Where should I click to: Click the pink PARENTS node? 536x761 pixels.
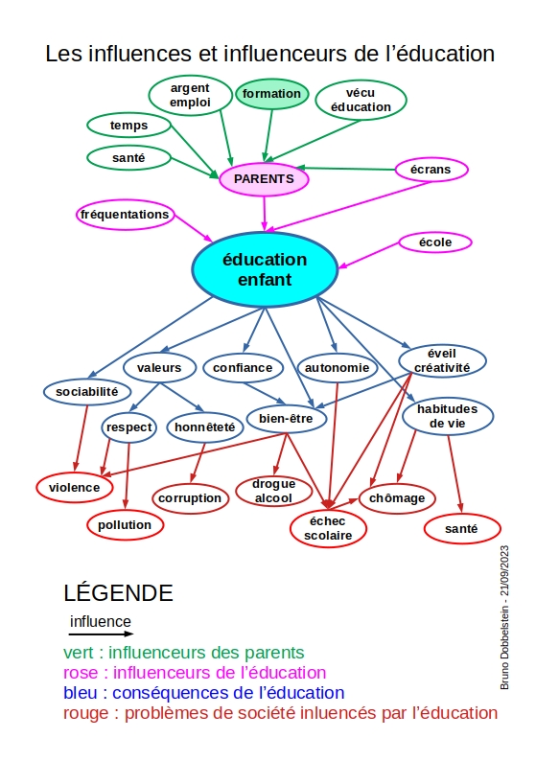click(264, 179)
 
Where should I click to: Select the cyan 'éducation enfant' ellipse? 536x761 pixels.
click(265, 269)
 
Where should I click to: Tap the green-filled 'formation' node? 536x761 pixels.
click(272, 94)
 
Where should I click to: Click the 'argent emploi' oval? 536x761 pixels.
click(190, 95)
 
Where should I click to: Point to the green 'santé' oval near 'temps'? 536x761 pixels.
click(128, 158)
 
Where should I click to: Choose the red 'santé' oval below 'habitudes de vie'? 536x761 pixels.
click(462, 528)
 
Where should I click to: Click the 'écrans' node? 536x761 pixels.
click(431, 170)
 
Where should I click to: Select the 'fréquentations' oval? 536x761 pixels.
click(125, 215)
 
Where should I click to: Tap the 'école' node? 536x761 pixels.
click(435, 242)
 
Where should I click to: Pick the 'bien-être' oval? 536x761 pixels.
click(286, 418)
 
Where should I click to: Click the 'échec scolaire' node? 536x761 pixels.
click(328, 528)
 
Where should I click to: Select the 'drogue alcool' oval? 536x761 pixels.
click(274, 491)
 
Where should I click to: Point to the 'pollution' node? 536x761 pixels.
click(125, 524)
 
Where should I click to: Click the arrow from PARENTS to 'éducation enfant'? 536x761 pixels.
click(265, 213)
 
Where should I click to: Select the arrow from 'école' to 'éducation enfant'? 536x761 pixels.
click(368, 255)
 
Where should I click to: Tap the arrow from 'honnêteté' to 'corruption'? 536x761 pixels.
click(198, 463)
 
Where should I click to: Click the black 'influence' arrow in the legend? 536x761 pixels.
click(101, 634)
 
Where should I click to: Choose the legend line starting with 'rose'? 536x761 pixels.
click(195, 673)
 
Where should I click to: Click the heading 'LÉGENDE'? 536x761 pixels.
click(118, 592)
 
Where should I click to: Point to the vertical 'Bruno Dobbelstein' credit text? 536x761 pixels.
click(504, 617)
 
